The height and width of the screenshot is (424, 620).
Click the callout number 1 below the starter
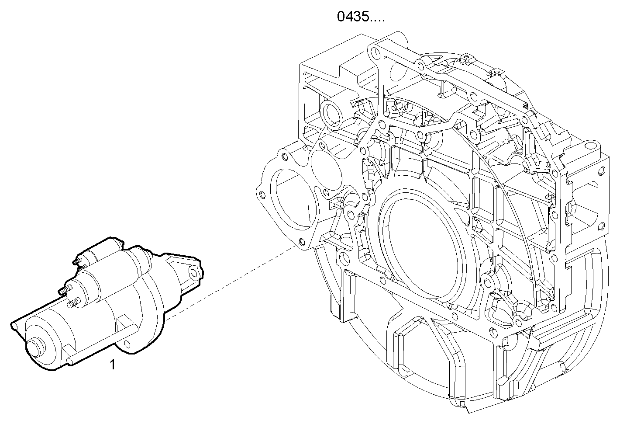pyautogui.click(x=113, y=364)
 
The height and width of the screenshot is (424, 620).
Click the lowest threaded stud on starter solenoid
pyautogui.click(x=74, y=302)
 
